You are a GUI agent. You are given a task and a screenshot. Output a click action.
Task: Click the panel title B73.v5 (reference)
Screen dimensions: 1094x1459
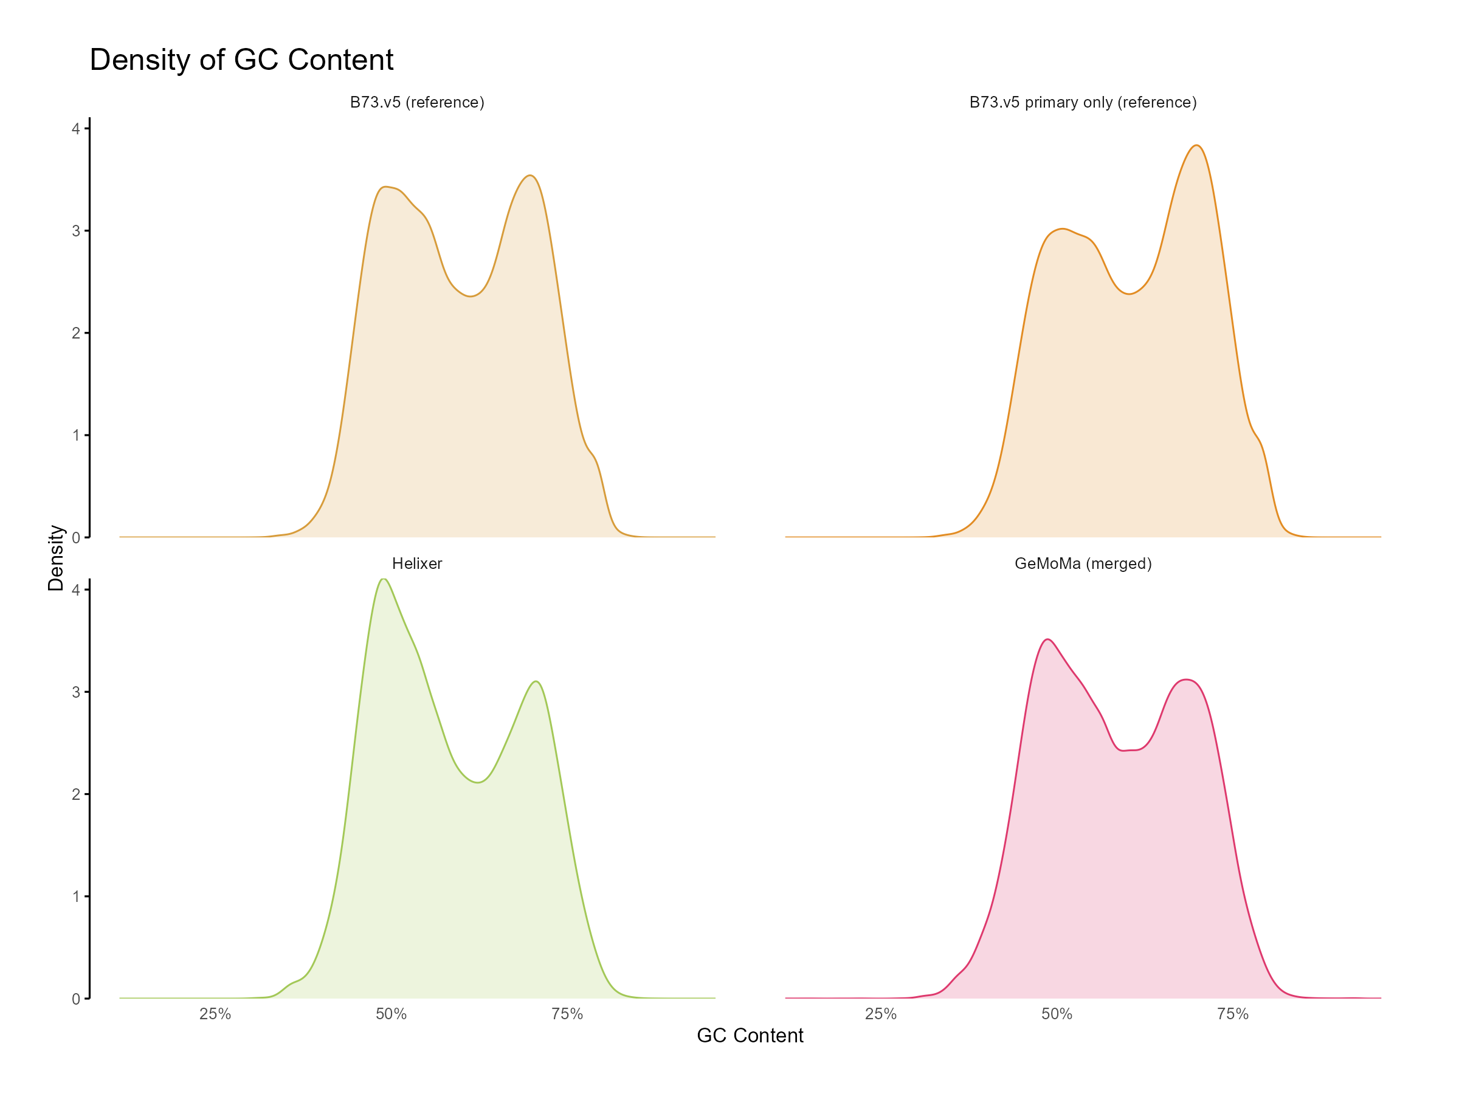(x=417, y=102)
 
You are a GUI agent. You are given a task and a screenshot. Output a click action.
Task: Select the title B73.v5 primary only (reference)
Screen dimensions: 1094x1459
(x=1082, y=102)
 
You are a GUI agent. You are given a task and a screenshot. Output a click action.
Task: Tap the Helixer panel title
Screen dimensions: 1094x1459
(x=417, y=564)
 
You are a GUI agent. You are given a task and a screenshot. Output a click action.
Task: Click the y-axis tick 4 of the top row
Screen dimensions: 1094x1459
(x=76, y=129)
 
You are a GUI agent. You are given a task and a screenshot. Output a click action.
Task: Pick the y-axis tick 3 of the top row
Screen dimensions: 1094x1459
(x=76, y=232)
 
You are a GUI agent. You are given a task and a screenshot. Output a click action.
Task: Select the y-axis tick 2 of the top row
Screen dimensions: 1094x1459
(x=76, y=334)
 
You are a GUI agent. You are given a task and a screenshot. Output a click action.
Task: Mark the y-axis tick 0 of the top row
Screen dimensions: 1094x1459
(x=76, y=538)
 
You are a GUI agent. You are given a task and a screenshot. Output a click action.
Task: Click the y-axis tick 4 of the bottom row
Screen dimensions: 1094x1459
(x=76, y=590)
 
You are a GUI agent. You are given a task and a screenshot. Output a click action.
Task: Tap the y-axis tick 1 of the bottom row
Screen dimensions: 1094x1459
(x=76, y=897)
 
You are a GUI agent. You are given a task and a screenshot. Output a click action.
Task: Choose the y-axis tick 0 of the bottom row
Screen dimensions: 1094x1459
(x=76, y=999)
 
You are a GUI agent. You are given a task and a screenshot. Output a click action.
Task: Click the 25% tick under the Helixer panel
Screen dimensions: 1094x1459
(x=215, y=1014)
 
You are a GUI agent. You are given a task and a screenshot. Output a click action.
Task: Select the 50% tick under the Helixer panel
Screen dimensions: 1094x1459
(x=391, y=1014)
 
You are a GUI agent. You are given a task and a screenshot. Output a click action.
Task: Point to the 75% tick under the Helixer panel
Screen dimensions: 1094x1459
(x=567, y=1014)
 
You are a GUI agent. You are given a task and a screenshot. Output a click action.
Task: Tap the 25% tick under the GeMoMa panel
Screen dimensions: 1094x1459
(x=880, y=1014)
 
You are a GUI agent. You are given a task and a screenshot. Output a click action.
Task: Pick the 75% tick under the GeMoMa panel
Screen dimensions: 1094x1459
(x=1233, y=1014)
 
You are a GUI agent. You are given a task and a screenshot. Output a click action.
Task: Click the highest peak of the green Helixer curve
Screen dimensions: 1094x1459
(x=384, y=580)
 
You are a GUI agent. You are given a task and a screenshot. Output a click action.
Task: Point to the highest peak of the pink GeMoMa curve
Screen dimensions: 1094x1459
(x=1048, y=639)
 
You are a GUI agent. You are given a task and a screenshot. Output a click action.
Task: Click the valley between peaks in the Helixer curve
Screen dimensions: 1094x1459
(x=478, y=781)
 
